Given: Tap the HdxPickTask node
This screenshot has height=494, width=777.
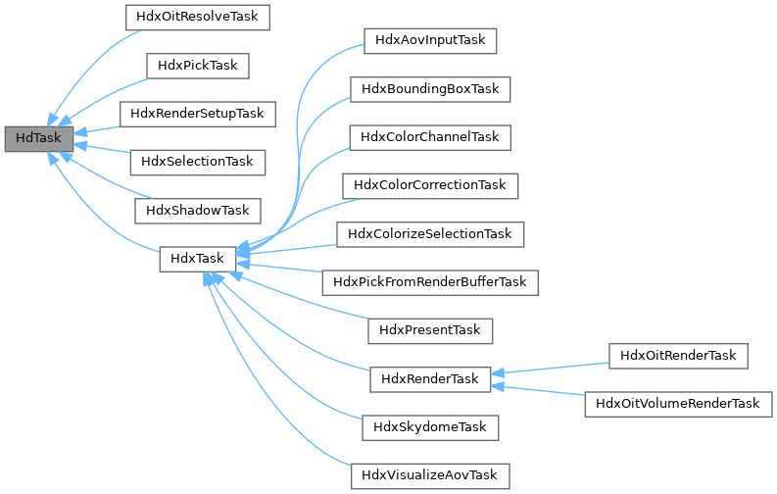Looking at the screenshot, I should point(198,66).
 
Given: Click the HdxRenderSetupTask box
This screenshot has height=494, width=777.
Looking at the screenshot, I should point(198,114).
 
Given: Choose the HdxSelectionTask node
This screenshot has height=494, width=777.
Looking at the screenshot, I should point(198,161).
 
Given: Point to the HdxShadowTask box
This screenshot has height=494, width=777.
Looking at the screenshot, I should point(198,210).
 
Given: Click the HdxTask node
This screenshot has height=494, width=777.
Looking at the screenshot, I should point(197,259).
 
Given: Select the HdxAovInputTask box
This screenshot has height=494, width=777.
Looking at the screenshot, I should point(430,41).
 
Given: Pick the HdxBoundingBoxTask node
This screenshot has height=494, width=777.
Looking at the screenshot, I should point(430,89).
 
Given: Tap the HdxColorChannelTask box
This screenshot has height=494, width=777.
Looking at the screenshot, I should point(430,137).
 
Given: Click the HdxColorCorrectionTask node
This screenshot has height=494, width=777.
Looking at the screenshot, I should point(430,184).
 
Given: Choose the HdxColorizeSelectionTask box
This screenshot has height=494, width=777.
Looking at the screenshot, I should point(430,234).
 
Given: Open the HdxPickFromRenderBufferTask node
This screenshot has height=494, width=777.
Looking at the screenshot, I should point(430,282).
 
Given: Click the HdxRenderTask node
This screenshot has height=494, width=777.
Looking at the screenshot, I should point(430,378).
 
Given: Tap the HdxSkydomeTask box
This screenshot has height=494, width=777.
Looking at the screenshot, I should point(430,427).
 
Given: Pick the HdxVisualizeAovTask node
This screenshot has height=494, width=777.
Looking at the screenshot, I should point(430,475).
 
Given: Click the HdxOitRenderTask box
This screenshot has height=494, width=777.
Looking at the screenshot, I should point(678,355).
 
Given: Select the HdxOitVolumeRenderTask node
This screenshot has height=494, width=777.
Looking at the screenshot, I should point(678,403).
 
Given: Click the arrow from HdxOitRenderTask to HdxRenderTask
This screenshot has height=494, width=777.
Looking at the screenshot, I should point(549,368).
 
